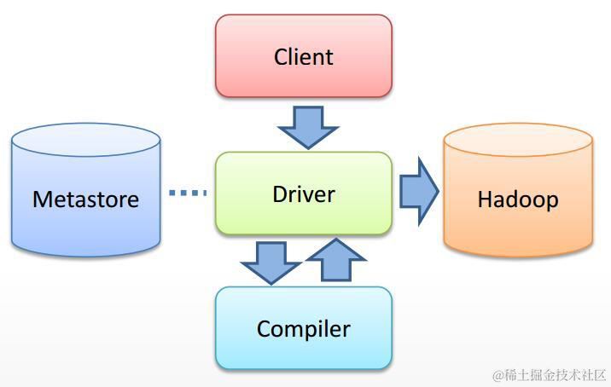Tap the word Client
tap(303, 57)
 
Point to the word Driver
tap(303, 193)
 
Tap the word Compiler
tap(303, 328)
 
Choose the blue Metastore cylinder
tap(85, 230)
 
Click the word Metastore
tap(85, 199)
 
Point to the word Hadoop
tap(518, 199)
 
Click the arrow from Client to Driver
tap(307, 125)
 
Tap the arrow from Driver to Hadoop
tap(417, 192)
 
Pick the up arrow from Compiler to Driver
tap(334, 259)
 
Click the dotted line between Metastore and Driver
tap(188, 193)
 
